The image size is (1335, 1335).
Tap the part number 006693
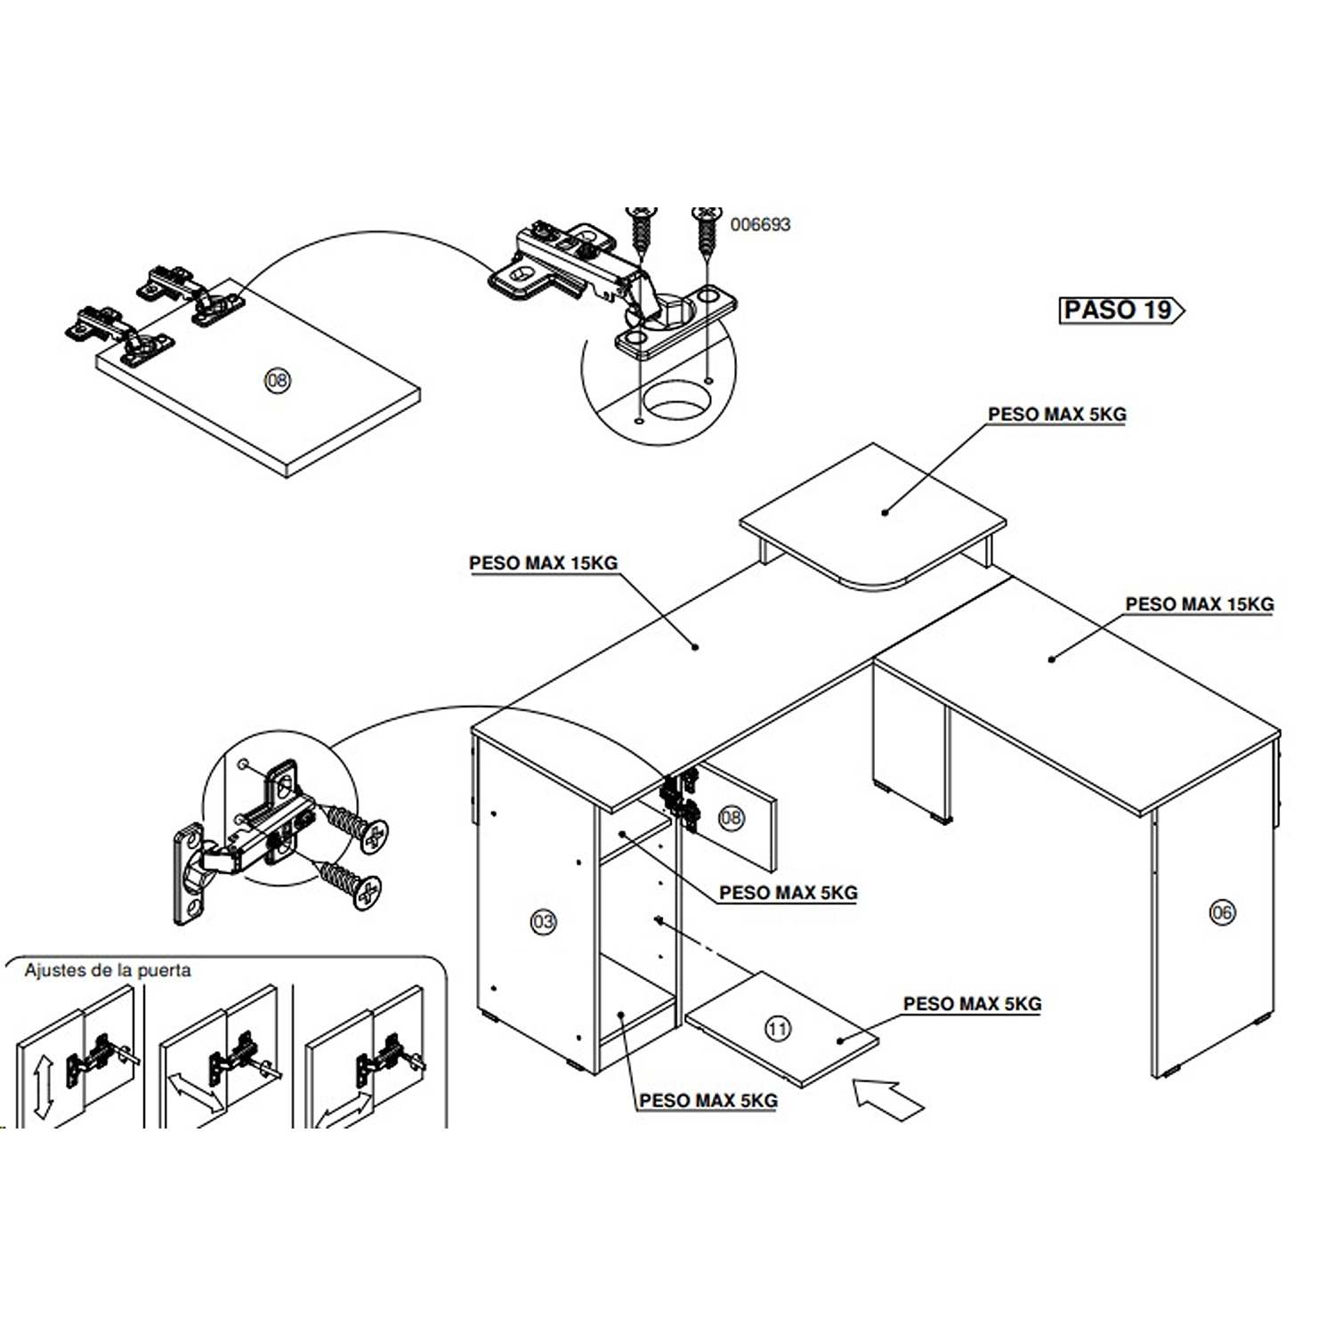tap(760, 224)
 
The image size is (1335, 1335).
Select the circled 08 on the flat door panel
tap(278, 381)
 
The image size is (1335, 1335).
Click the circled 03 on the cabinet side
tap(543, 921)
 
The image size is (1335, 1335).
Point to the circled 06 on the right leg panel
tap(1222, 911)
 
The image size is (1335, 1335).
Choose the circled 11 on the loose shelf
tap(778, 1029)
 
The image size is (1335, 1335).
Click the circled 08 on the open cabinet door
tap(731, 817)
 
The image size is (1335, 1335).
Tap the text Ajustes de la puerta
tap(108, 970)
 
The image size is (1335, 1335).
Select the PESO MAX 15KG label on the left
tap(543, 563)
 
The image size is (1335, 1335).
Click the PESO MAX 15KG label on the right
tap(1199, 604)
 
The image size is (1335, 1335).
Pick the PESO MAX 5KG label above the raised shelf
tap(1056, 415)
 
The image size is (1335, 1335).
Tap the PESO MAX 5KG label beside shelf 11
tap(972, 1004)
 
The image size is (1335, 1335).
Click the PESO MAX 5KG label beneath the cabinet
tap(708, 1101)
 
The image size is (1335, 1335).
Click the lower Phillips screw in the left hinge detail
tap(352, 882)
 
